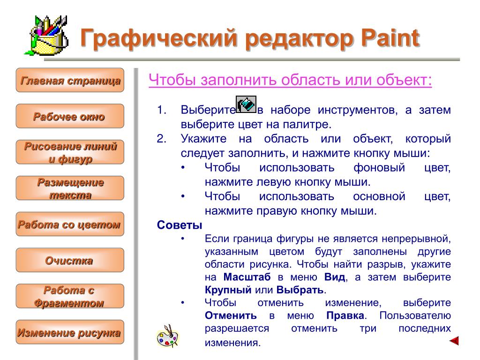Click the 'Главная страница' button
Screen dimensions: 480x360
[x=70, y=80]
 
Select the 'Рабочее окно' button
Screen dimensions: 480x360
[x=70, y=116]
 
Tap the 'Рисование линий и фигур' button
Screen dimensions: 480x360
[x=70, y=152]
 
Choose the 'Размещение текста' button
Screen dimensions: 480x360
[x=70, y=188]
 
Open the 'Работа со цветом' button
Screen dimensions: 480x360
[x=70, y=224]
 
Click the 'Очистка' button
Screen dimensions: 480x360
[x=70, y=260]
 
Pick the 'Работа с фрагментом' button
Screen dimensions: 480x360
[x=70, y=296]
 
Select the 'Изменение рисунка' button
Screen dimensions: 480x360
[x=70, y=332]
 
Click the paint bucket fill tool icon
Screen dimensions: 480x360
[x=246, y=105]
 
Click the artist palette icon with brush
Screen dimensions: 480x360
[x=167, y=336]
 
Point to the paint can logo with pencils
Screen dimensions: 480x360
[x=46, y=36]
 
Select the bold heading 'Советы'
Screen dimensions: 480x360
[x=180, y=225]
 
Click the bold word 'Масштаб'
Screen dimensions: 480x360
[x=247, y=277]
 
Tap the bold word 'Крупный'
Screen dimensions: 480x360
[x=228, y=290]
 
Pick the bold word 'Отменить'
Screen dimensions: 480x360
[x=231, y=315]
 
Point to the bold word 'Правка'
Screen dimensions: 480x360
[x=345, y=315]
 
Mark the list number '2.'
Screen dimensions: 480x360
[x=162, y=139]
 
